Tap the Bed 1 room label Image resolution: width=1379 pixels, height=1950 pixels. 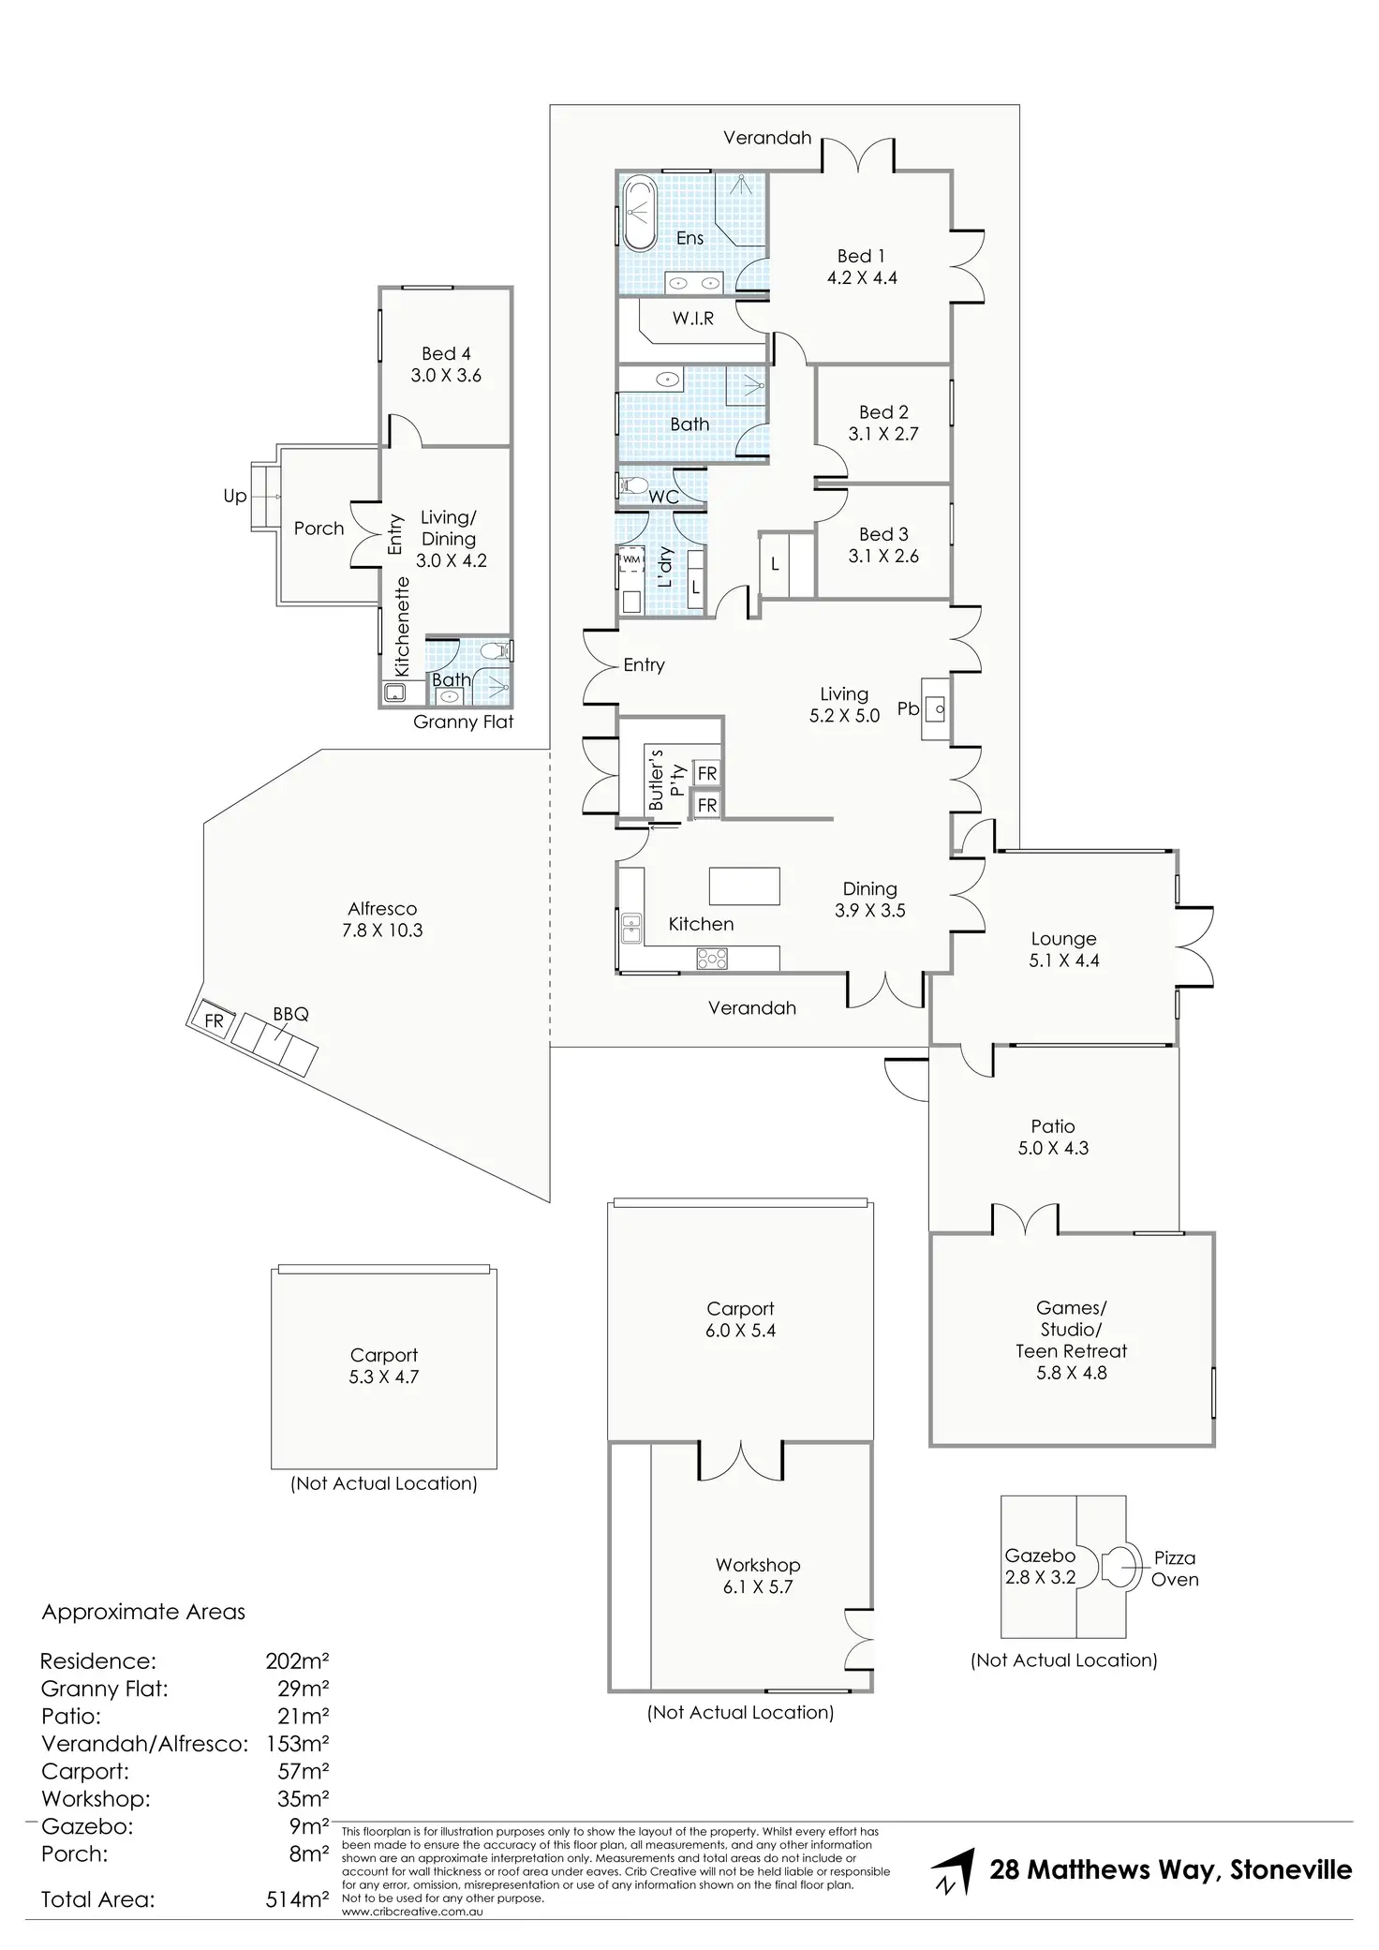(x=861, y=256)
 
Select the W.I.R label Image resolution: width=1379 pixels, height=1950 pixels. (x=693, y=319)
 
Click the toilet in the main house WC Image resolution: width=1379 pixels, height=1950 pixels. (x=633, y=485)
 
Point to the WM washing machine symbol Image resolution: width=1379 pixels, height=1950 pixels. (x=631, y=559)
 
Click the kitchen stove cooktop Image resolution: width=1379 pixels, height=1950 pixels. (x=712, y=959)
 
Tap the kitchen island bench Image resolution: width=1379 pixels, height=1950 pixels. (x=744, y=886)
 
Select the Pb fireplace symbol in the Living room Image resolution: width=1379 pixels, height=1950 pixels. (x=936, y=708)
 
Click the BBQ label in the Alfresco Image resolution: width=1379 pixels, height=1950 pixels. (x=290, y=1014)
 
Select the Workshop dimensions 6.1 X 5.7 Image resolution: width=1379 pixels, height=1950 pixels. (x=757, y=1586)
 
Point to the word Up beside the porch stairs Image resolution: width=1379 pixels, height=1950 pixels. (x=234, y=497)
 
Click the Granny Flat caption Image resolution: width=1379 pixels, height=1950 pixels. (x=464, y=722)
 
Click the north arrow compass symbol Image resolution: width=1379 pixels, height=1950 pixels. (x=954, y=1871)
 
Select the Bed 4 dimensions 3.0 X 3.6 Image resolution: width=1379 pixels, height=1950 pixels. (x=446, y=375)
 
